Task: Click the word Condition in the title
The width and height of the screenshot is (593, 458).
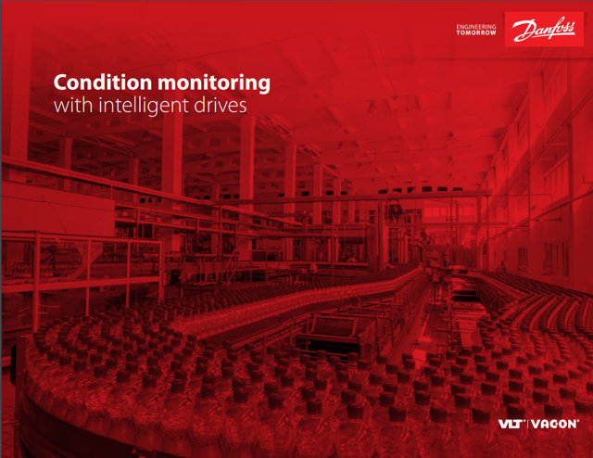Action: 95,83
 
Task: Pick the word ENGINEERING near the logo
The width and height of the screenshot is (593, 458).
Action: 476,26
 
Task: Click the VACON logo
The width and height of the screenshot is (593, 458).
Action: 556,424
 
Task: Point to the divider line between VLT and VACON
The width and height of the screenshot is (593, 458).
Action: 531,424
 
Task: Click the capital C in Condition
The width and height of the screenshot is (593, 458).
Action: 61,83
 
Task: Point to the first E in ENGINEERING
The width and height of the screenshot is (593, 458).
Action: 459,26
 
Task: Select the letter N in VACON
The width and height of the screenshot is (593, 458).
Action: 574,424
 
